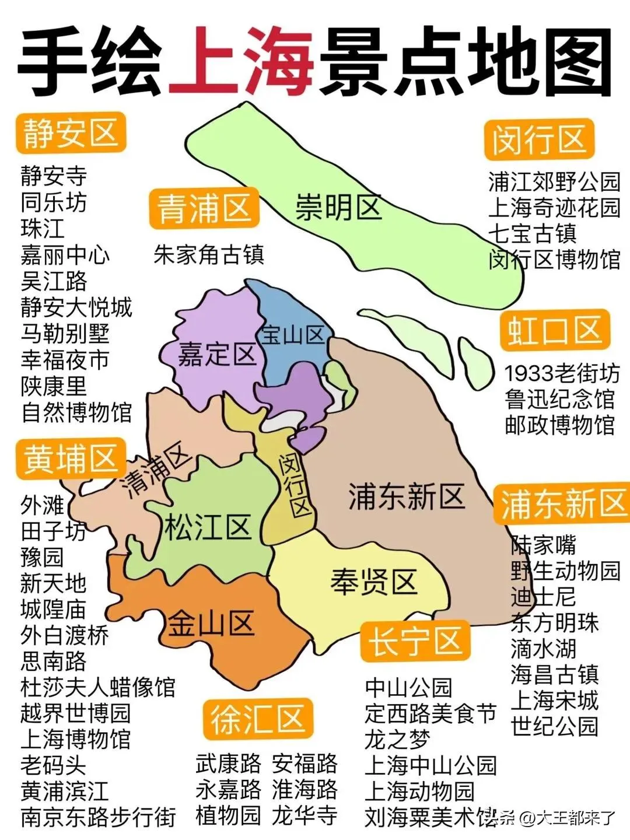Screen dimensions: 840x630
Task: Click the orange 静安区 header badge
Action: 71,134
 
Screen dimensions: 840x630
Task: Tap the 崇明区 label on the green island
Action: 338,207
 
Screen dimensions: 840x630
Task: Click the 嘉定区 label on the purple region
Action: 216,354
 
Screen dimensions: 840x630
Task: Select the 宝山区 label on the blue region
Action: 292,335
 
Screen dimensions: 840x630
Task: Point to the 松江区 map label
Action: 207,527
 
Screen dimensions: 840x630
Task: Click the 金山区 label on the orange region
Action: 211,624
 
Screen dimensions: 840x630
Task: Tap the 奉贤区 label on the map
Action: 374,582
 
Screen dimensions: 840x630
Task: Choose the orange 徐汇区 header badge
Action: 258,719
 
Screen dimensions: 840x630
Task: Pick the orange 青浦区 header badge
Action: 204,208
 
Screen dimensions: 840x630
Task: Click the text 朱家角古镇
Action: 209,255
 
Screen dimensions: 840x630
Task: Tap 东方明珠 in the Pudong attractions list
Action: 555,622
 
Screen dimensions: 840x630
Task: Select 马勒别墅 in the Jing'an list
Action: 65,333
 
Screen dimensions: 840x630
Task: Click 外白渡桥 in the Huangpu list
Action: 64,635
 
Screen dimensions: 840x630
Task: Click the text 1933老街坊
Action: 562,373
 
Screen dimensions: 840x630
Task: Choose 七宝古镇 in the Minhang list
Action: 532,233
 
